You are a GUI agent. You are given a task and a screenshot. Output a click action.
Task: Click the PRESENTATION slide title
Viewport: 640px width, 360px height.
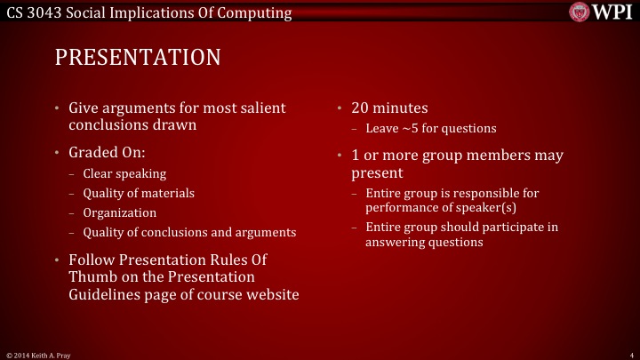coord(137,58)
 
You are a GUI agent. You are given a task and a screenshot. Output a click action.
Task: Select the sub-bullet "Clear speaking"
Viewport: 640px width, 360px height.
coord(124,173)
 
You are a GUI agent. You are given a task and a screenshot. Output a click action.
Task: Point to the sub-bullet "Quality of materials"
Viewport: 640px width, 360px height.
coord(139,193)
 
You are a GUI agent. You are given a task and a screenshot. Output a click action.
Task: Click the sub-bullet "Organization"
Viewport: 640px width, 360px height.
coord(119,212)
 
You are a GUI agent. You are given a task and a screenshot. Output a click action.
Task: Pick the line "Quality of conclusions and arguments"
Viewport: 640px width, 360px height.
coord(189,232)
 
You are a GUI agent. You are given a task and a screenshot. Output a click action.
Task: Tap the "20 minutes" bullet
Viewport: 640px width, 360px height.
coord(390,108)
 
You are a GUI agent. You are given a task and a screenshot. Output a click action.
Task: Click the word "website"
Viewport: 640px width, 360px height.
coord(270,293)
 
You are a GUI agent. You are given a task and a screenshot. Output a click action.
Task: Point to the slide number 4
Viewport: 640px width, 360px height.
coord(629,354)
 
